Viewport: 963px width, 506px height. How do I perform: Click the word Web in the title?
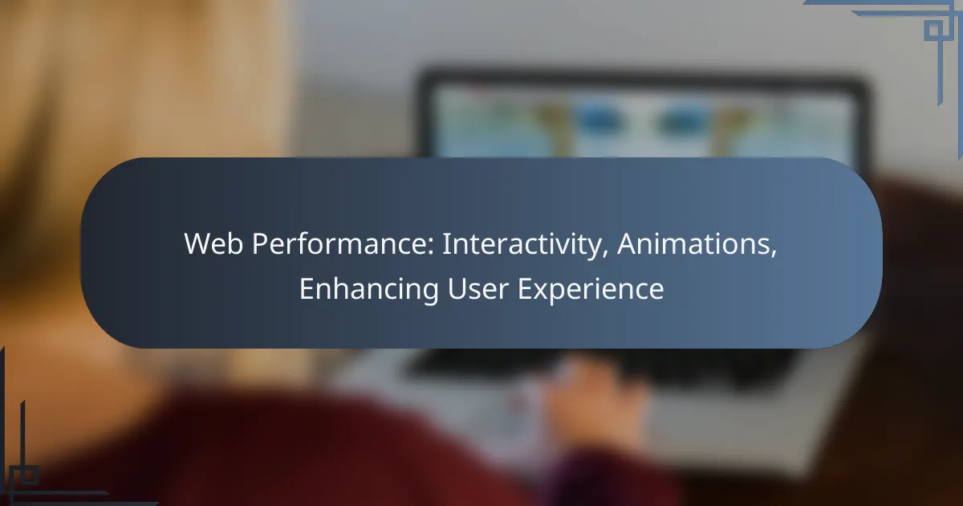pos(213,244)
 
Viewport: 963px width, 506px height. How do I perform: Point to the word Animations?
pos(697,244)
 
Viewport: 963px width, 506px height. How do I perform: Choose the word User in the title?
pos(478,288)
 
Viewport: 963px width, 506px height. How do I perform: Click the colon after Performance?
pos(431,248)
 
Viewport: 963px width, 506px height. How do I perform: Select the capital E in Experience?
pos(526,288)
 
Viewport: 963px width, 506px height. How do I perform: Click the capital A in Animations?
pos(628,244)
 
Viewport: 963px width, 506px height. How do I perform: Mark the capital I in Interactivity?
pos(445,244)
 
